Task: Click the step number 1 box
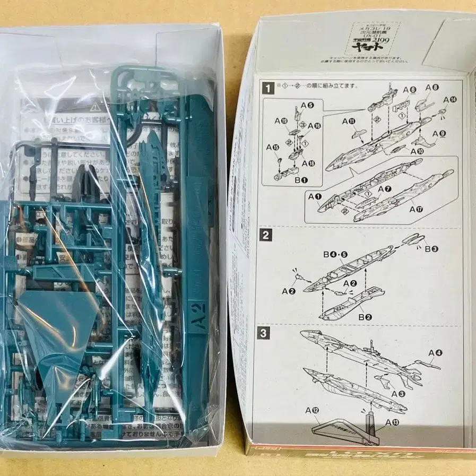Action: click(269, 88)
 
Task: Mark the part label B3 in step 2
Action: click(432, 248)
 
